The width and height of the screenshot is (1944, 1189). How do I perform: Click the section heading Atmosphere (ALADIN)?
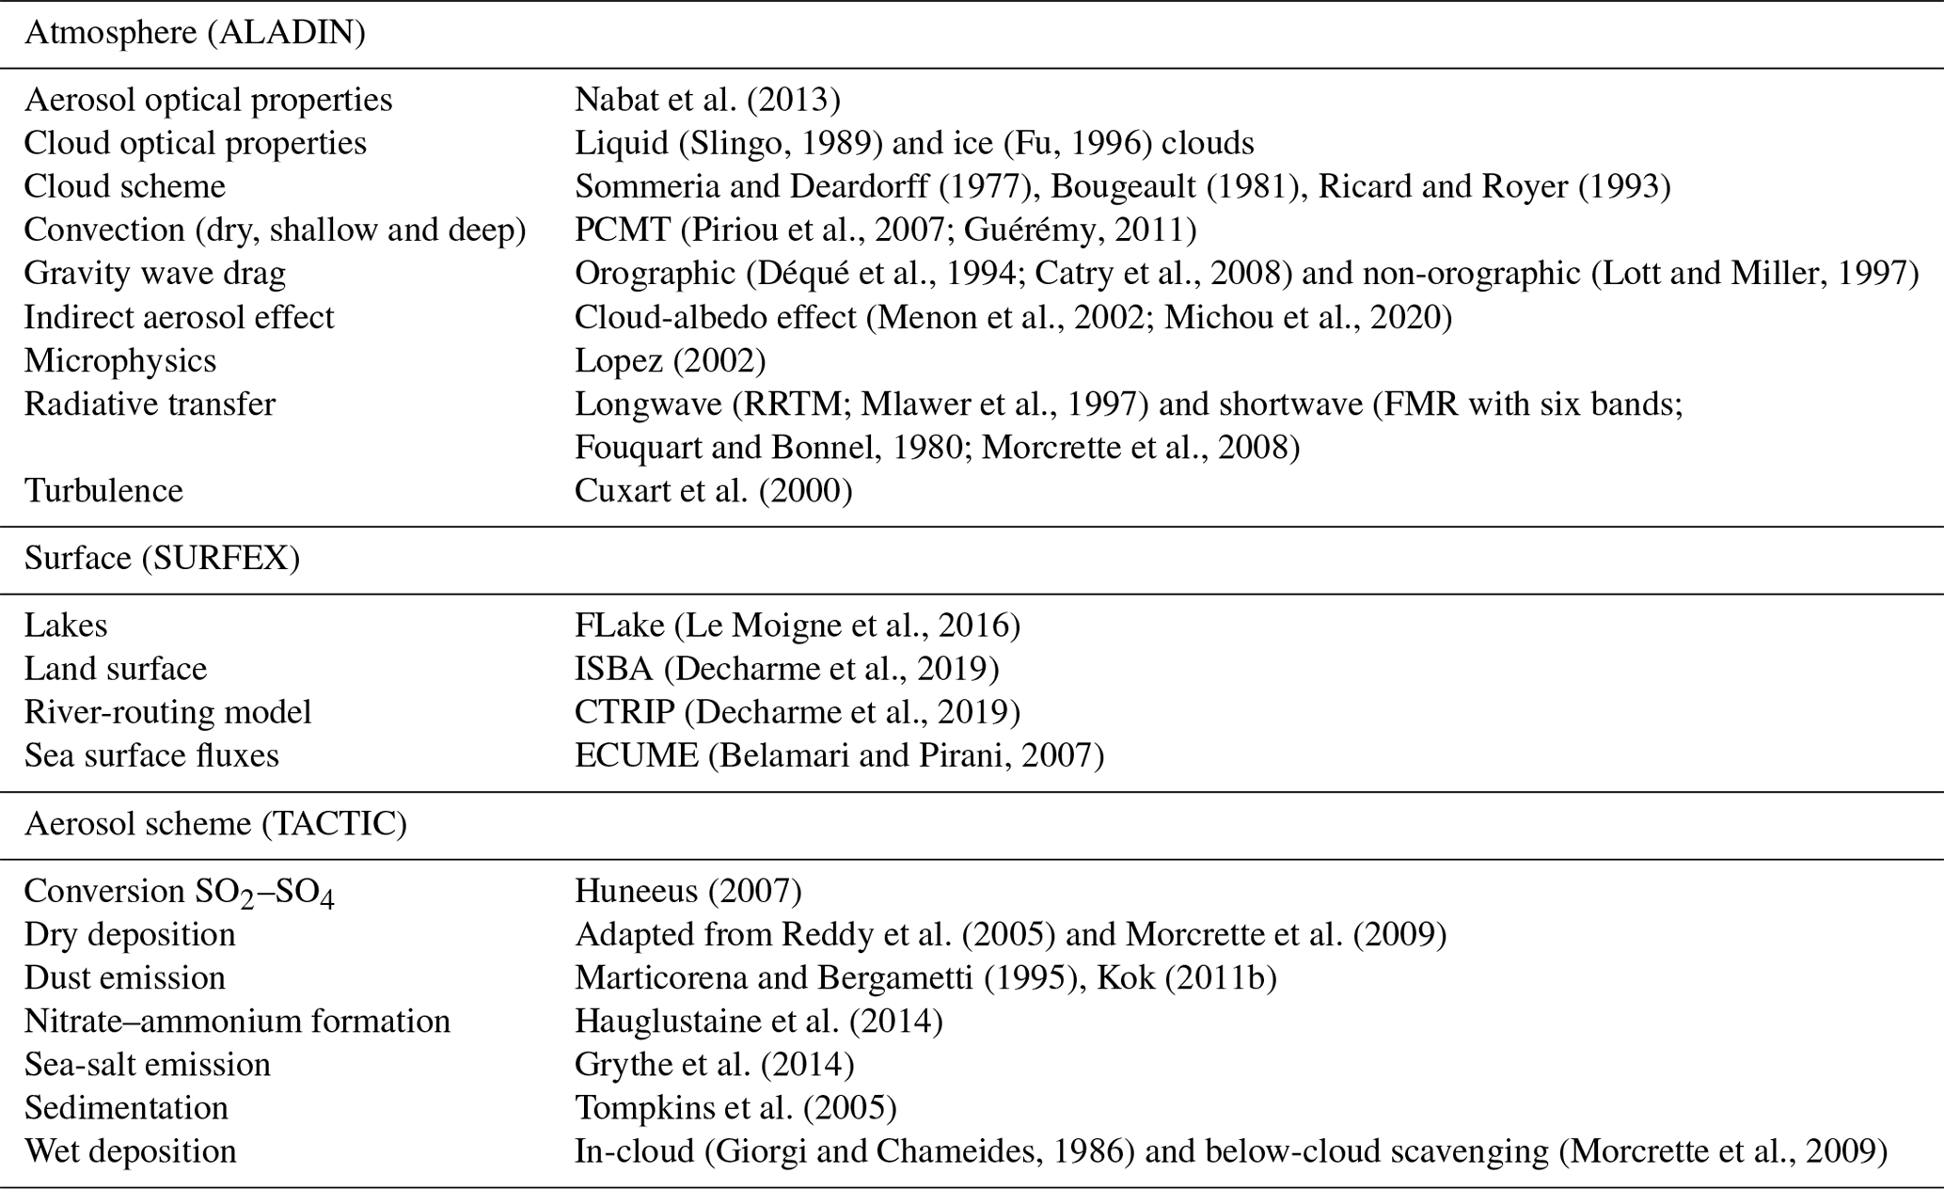195,33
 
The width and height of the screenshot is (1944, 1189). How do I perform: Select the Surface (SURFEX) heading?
162,559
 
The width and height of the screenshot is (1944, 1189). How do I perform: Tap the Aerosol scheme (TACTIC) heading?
215,824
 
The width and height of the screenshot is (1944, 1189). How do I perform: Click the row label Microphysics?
120,361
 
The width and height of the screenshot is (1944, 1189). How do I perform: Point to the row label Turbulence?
103,491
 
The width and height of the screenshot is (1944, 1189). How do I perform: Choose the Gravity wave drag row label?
154,274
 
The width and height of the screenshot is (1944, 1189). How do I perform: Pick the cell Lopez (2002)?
670,361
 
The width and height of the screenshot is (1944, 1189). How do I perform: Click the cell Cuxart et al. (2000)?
713,491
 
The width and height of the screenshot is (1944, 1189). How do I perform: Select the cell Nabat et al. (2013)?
707,100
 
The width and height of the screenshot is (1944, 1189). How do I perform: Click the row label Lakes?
66,626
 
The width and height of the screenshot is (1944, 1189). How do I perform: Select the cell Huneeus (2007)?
688,891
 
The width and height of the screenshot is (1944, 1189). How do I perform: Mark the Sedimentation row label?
126,1108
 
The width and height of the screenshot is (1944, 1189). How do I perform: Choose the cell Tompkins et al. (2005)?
735,1108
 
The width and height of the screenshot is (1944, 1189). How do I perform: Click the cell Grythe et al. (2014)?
714,1065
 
